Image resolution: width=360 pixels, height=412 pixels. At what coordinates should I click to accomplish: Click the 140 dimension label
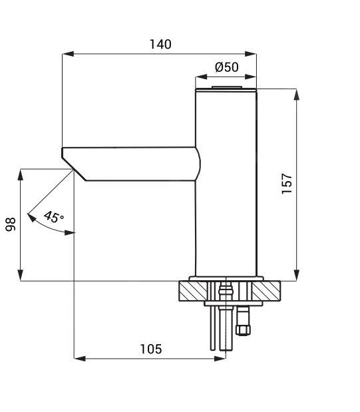(x=160, y=44)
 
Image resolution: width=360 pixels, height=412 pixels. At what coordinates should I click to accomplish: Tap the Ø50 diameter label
(x=227, y=67)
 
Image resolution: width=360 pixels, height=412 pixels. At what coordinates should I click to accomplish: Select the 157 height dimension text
(x=287, y=184)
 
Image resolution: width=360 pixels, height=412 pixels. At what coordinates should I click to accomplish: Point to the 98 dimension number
(x=11, y=224)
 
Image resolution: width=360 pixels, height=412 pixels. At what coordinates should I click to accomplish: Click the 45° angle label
(x=54, y=217)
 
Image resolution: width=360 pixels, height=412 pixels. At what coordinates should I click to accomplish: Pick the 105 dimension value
(x=151, y=349)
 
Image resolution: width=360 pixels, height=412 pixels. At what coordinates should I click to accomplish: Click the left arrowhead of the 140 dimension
(x=68, y=54)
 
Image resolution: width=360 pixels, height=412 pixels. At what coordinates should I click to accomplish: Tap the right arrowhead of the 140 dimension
(x=250, y=54)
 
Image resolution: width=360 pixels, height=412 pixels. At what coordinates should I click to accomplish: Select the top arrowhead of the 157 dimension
(x=297, y=95)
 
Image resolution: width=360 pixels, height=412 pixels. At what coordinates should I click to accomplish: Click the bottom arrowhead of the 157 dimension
(x=297, y=275)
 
